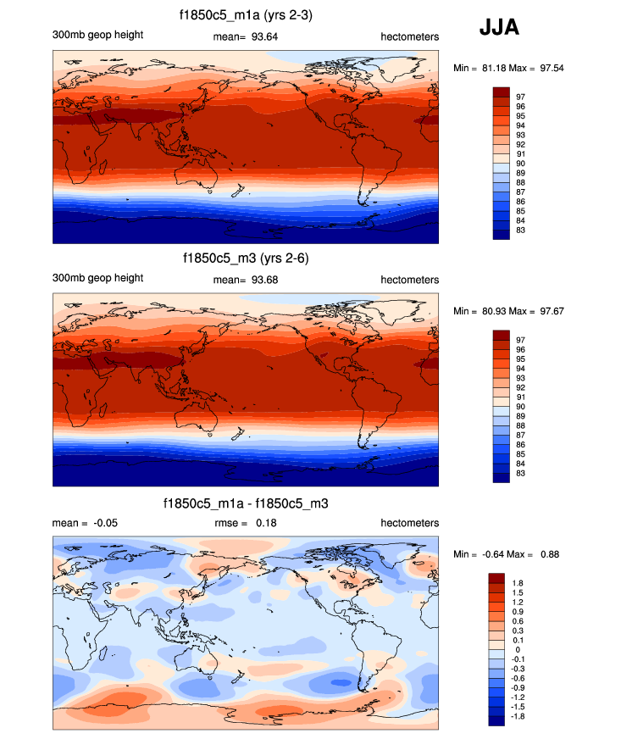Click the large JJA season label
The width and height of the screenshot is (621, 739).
point(499,28)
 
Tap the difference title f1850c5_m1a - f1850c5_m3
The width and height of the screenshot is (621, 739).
point(246,503)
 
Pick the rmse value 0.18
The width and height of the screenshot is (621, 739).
point(264,523)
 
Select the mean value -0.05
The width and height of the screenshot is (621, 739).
point(105,523)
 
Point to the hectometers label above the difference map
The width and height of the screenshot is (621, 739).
point(409,523)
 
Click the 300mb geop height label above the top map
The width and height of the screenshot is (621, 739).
point(97,35)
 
